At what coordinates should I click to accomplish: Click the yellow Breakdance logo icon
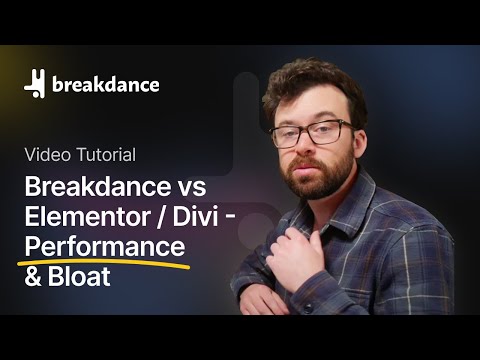36,85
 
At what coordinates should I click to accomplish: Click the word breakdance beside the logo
104,85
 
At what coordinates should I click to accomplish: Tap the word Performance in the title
106,245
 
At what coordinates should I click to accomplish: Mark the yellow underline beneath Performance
110,262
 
